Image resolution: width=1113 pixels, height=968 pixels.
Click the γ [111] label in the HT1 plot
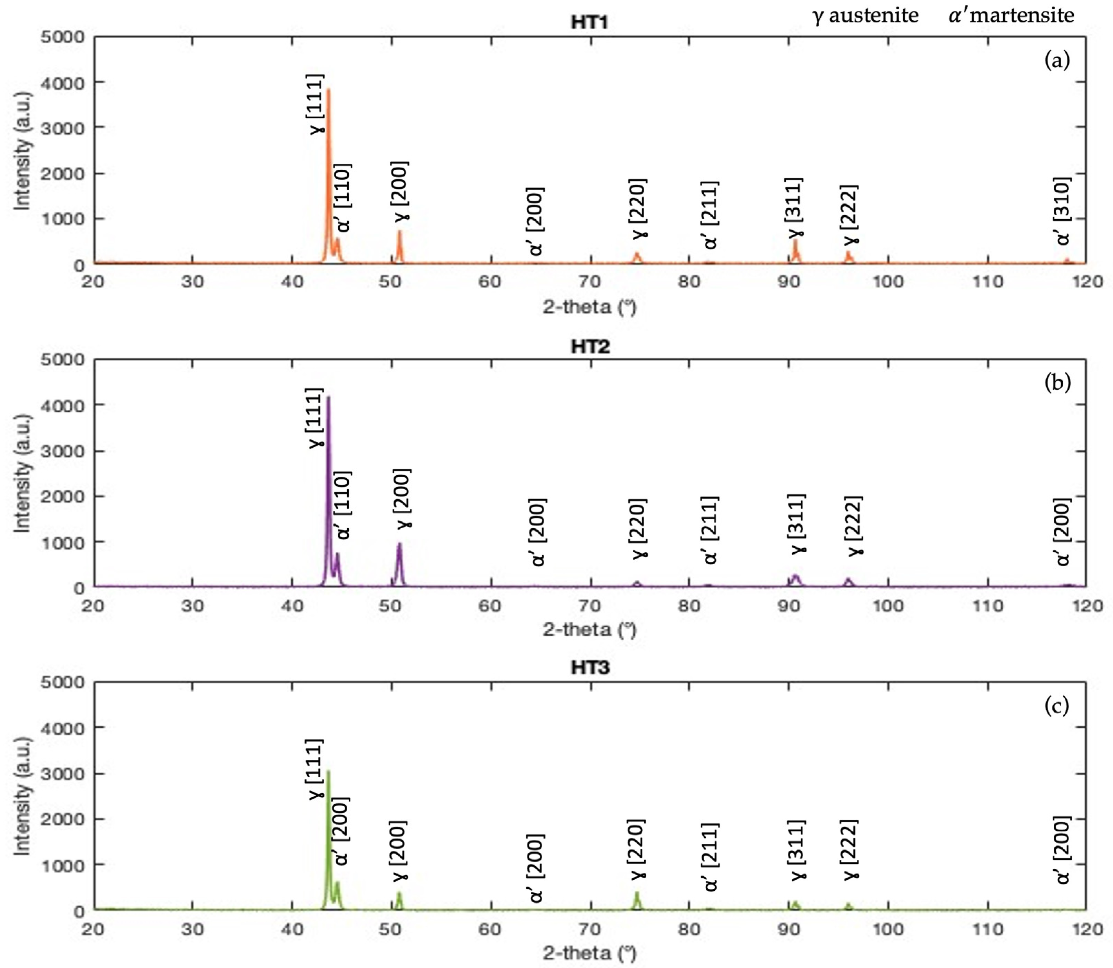[x=317, y=104]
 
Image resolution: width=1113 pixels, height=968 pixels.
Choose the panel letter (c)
[x=1057, y=706]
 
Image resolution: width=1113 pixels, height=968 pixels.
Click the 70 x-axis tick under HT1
[x=590, y=281]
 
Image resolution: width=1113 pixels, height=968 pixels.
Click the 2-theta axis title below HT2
[x=590, y=630]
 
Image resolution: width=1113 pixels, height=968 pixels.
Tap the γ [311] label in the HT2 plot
[x=797, y=524]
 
